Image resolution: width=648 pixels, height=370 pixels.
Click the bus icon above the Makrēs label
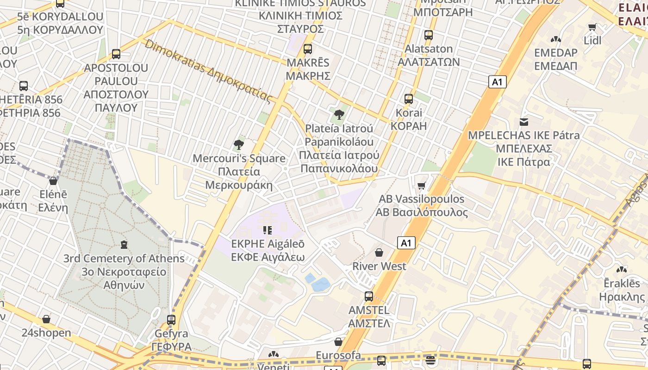coord(308,49)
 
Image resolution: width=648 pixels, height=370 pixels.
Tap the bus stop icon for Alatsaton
coord(429,35)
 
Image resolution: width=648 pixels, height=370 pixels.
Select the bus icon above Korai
coord(409,99)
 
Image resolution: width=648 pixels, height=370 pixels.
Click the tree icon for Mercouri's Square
coord(239,145)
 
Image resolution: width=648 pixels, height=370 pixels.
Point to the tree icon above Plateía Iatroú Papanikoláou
coord(339,114)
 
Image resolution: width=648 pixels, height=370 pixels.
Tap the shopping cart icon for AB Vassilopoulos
coord(421,186)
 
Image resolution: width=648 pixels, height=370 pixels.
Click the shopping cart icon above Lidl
coord(592,27)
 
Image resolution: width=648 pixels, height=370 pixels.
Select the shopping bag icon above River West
coord(379,253)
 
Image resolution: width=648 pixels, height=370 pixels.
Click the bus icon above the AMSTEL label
coord(369,296)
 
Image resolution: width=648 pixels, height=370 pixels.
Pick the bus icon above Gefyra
coord(171,320)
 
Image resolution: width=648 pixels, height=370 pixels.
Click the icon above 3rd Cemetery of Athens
coord(124,244)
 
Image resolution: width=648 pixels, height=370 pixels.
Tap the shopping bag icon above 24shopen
coord(46,319)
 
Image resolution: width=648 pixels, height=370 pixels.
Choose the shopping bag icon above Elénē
coord(53,181)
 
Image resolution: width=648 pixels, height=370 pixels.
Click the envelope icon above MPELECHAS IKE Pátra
coord(524,122)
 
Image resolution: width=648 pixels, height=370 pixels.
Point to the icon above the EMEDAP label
coord(555,40)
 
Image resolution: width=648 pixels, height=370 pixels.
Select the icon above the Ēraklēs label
coord(622,270)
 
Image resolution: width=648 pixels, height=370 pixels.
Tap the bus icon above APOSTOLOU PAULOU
coord(116,54)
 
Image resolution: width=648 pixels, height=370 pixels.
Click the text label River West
coord(379,266)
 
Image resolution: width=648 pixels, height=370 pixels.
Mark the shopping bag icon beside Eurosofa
coord(338,342)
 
